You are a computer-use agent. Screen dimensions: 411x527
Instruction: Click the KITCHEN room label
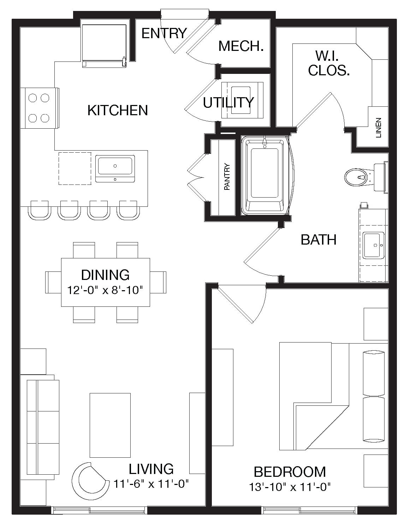click(x=118, y=110)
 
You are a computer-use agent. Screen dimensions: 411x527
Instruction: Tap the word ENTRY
click(x=164, y=33)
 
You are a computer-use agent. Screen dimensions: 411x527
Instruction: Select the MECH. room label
click(x=241, y=46)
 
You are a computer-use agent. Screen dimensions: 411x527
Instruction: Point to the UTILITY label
click(x=228, y=103)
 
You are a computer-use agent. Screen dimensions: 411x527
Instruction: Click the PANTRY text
click(x=227, y=177)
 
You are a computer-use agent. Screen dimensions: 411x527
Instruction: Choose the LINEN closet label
click(x=379, y=128)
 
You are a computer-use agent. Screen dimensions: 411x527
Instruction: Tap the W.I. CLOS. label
click(x=329, y=63)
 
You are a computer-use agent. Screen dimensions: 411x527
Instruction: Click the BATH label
click(x=318, y=240)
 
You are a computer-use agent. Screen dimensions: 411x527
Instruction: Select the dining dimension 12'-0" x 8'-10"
click(x=105, y=290)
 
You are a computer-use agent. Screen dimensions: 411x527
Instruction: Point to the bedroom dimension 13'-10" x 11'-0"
click(x=290, y=487)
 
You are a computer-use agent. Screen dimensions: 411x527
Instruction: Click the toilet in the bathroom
click(x=366, y=177)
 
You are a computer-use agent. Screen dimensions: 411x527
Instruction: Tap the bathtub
click(x=264, y=176)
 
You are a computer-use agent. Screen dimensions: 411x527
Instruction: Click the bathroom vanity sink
click(x=373, y=245)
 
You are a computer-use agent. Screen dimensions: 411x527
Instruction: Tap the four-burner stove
click(x=40, y=108)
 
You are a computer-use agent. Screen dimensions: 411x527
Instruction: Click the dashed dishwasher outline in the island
click(x=75, y=169)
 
